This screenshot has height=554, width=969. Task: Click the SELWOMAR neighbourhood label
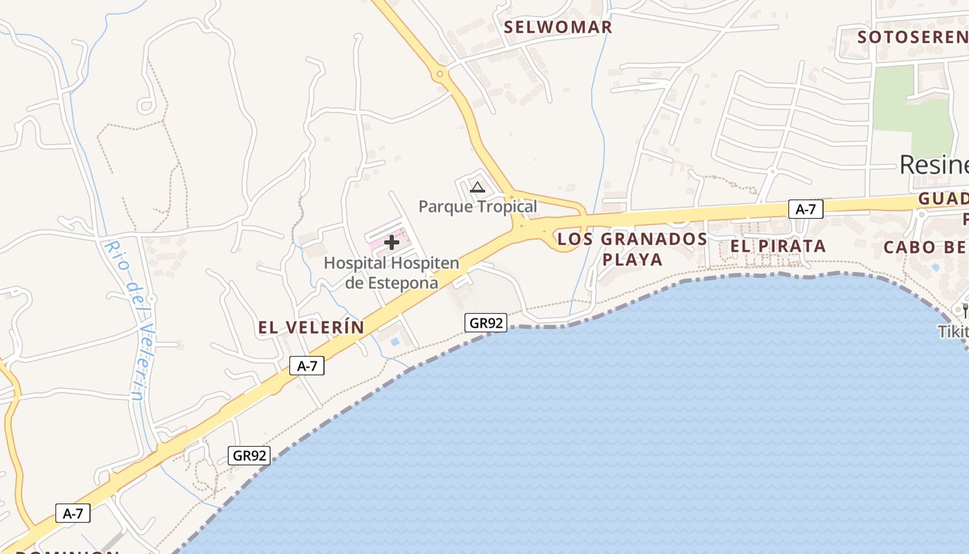[558, 27]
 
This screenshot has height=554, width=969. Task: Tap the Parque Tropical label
[478, 206]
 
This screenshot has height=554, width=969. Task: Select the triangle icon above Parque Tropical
[477, 186]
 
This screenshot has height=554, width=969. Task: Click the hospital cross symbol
[392, 242]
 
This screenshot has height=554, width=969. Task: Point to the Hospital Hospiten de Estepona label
[392, 273]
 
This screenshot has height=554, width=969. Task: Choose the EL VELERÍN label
[311, 328]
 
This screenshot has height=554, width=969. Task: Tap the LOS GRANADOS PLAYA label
[632, 249]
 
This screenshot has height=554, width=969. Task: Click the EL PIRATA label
[778, 246]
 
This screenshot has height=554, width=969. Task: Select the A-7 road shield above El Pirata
[806, 209]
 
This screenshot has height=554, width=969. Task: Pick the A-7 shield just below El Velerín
[307, 366]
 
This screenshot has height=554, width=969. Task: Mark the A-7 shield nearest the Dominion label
[73, 513]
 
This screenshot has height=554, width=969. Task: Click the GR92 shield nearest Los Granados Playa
[485, 322]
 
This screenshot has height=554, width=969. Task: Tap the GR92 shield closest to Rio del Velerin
[249, 455]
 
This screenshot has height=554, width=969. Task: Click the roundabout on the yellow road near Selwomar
[439, 73]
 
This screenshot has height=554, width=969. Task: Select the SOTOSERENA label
[912, 37]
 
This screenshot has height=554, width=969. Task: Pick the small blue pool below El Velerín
[395, 341]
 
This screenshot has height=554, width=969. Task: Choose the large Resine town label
[933, 164]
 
